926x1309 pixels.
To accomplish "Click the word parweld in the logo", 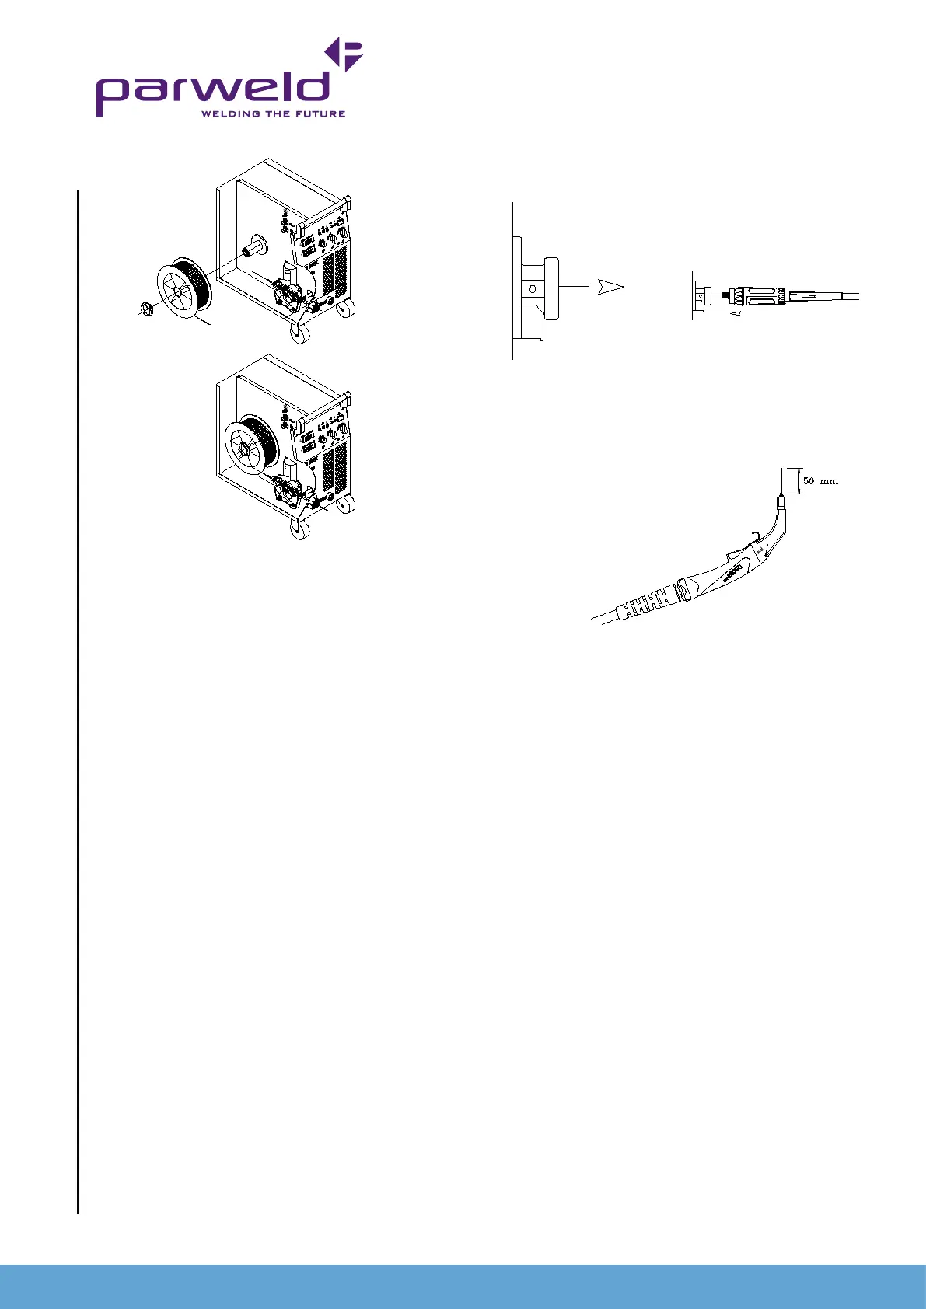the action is pos(212,92).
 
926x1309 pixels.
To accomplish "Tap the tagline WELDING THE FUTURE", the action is pos(273,113).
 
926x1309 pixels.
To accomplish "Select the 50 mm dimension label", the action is pos(820,481).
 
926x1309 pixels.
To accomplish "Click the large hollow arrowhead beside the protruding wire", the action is pos(610,288).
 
